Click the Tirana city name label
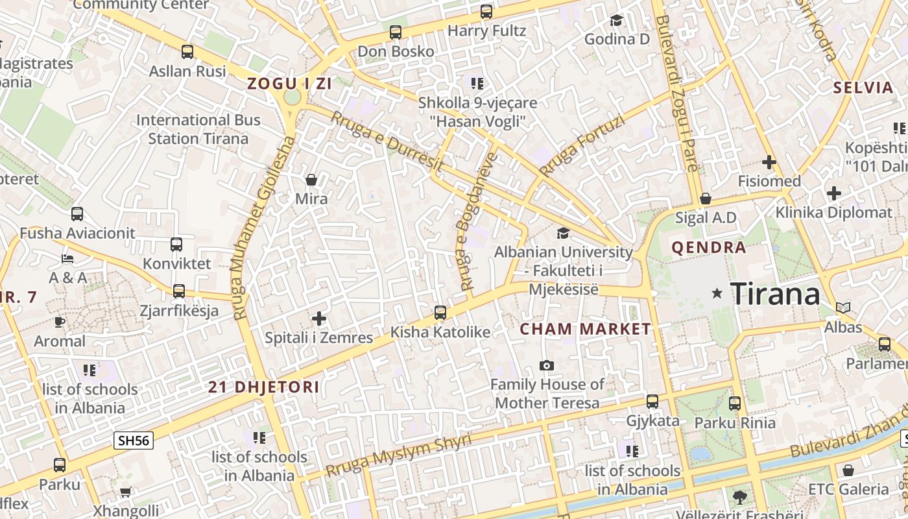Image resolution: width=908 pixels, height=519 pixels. (x=775, y=295)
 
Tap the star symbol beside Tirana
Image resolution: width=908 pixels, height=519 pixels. (x=717, y=293)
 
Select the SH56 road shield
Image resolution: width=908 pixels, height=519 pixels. (x=134, y=441)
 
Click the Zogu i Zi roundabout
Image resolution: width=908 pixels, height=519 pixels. (x=293, y=97)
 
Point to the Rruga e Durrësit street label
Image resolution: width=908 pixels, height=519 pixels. (x=387, y=142)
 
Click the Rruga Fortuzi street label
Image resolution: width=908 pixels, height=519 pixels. (x=582, y=146)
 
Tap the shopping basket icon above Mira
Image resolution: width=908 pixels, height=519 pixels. (x=311, y=179)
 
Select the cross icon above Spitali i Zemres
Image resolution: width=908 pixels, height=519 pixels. (x=318, y=319)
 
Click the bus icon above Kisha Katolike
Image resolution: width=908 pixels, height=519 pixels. (x=440, y=313)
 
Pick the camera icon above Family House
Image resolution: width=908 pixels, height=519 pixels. (x=547, y=366)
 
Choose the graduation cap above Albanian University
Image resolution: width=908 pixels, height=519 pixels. (x=563, y=233)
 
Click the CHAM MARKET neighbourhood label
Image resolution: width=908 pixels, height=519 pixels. (x=586, y=329)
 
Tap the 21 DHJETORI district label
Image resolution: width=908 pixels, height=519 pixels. (x=263, y=387)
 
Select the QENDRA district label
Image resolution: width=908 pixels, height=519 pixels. (x=709, y=247)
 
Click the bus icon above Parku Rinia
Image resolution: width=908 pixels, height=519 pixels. (x=735, y=404)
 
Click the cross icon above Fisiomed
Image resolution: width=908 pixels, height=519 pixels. (x=769, y=162)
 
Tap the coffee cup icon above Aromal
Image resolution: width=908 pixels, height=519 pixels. (x=60, y=322)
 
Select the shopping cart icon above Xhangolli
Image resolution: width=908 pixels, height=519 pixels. (x=125, y=492)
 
